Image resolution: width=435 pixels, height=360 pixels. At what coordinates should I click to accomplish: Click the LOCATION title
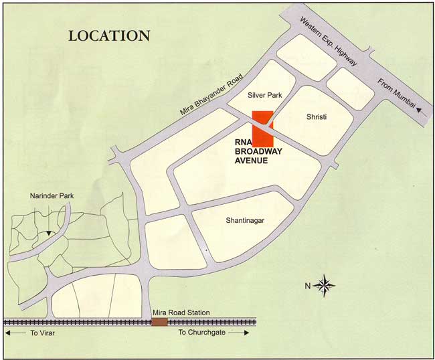pyautogui.click(x=109, y=35)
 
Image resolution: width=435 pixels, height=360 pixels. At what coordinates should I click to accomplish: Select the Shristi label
pyautogui.click(x=316, y=116)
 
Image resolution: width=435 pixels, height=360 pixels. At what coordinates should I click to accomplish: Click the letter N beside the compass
pyautogui.click(x=308, y=286)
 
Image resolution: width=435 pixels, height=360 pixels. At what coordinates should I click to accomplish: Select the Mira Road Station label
pyautogui.click(x=181, y=312)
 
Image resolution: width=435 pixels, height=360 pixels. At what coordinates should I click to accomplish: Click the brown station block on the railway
pyautogui.click(x=159, y=322)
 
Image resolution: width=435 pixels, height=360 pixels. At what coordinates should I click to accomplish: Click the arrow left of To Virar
pyautogui.click(x=14, y=332)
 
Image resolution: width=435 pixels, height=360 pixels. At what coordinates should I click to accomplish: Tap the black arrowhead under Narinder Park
pyautogui.click(x=48, y=233)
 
